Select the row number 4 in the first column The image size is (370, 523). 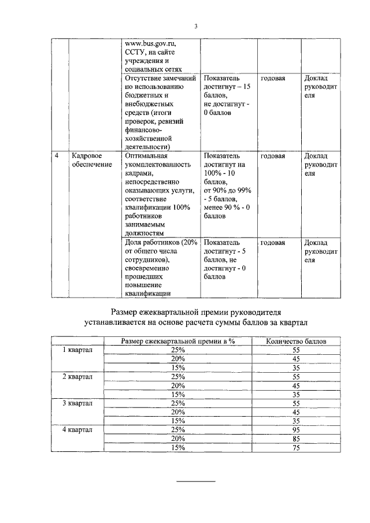(x=56, y=156)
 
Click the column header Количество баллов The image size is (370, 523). (x=296, y=342)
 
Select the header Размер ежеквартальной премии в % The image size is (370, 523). (x=177, y=342)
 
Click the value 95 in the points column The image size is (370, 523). (x=296, y=429)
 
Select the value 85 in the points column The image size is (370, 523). (x=296, y=438)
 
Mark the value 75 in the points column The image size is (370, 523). (x=296, y=447)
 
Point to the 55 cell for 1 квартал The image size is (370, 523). (x=296, y=350)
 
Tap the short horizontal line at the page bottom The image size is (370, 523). (x=195, y=481)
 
